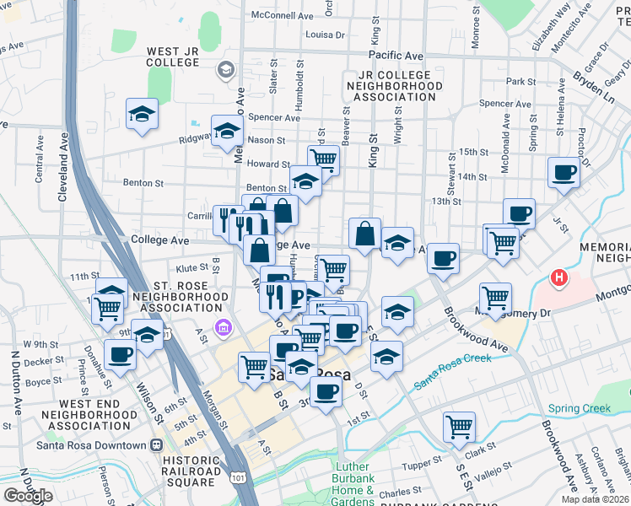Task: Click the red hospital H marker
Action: click(x=558, y=277)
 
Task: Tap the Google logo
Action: click(x=28, y=496)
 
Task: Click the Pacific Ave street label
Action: click(x=395, y=55)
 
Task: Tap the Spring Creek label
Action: click(x=579, y=409)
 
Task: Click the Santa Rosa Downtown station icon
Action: click(x=156, y=445)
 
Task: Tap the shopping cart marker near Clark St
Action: click(x=458, y=426)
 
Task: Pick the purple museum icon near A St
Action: click(x=224, y=327)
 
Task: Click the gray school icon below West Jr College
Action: click(x=225, y=70)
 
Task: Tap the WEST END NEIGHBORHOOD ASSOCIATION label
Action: click(x=77, y=415)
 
